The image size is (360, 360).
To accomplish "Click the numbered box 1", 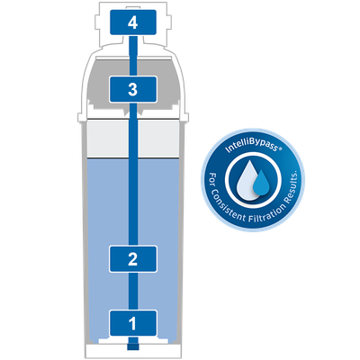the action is (x=133, y=323).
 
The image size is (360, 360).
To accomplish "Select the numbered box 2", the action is (x=133, y=259).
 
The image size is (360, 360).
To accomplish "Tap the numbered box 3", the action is (x=133, y=89).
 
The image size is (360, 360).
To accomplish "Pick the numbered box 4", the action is (x=133, y=22).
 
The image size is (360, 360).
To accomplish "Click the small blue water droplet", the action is (x=261, y=183).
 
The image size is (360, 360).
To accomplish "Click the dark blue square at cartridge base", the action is (x=133, y=346).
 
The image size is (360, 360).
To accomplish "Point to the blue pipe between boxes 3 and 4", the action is (x=133, y=56).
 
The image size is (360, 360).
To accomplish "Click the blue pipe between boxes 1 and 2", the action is (x=133, y=291).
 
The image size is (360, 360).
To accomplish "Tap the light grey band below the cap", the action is (x=133, y=139).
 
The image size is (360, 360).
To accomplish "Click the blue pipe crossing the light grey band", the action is (x=133, y=139).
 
